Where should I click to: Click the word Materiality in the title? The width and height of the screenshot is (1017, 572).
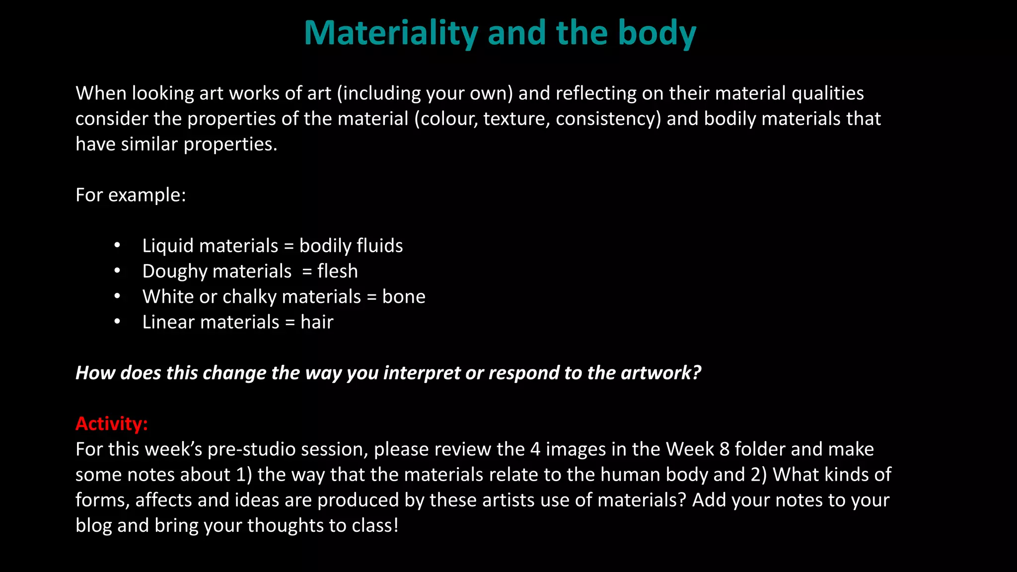pos(391,33)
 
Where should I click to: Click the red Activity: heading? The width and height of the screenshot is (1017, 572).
pos(112,424)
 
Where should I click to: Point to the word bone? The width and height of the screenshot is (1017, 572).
pos(403,296)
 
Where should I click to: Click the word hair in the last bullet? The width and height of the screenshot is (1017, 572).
pos(317,322)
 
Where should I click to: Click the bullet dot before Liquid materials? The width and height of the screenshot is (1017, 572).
pos(117,245)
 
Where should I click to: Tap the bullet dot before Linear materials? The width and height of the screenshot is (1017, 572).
pos(117,322)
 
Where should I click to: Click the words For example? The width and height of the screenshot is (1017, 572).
pos(131,195)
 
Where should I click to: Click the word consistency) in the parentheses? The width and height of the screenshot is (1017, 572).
pos(608,119)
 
